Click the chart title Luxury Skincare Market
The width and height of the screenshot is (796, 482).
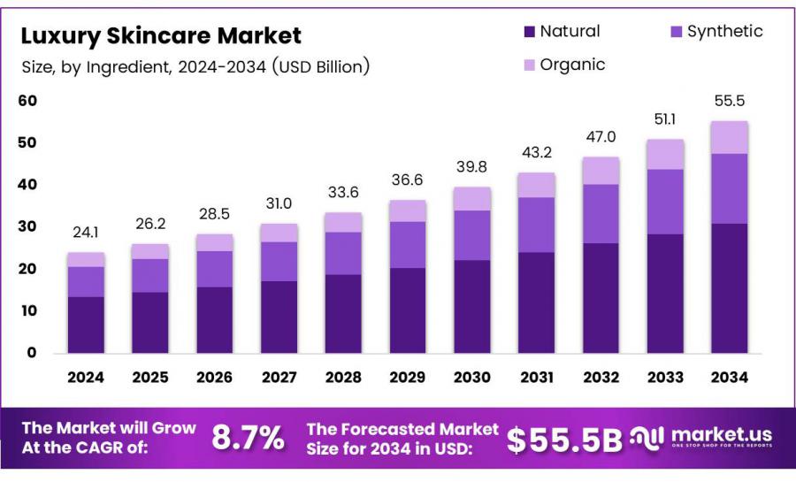click(161, 36)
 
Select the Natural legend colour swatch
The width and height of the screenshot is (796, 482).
click(530, 32)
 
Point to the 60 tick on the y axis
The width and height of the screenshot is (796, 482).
click(27, 101)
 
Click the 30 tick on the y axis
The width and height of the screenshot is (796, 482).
click(27, 226)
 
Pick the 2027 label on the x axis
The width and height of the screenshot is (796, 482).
click(279, 378)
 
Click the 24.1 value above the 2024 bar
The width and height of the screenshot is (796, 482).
click(86, 234)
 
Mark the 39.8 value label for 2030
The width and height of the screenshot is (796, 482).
click(472, 168)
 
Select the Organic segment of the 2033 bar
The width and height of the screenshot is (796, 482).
click(665, 154)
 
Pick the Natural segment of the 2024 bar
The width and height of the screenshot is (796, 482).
click(86, 324)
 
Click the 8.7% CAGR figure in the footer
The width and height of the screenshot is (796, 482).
click(249, 437)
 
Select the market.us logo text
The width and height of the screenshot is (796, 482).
click(721, 434)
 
